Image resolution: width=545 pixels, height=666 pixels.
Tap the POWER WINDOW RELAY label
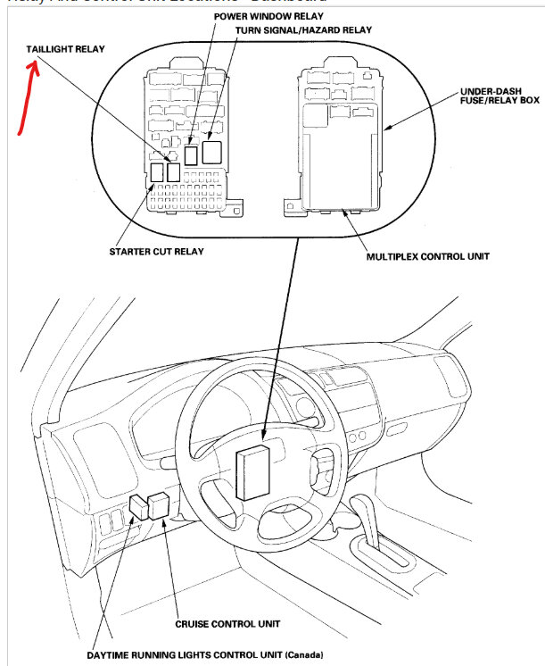click(x=268, y=16)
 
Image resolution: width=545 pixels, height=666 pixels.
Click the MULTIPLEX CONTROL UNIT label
click(x=428, y=257)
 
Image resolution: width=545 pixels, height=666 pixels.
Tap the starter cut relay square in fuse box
click(x=157, y=171)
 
